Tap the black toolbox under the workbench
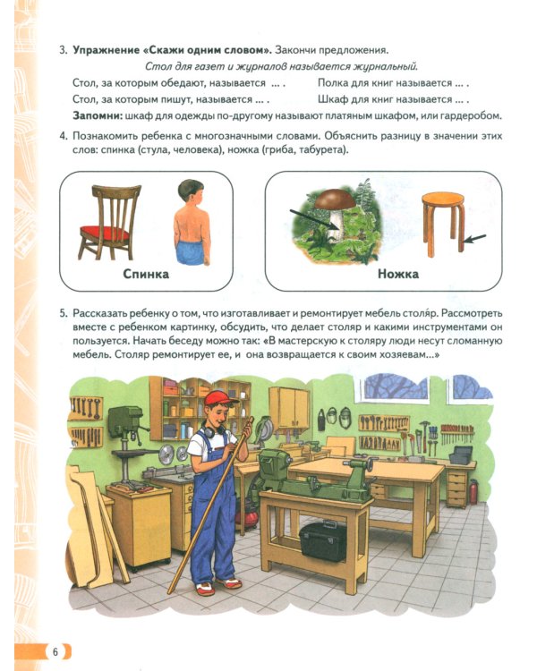tap(323, 539)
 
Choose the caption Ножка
tap(398, 275)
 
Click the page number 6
tap(55, 650)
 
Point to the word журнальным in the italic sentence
tap(388, 67)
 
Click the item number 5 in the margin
tap(64, 314)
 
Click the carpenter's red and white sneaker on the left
tap(205, 589)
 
